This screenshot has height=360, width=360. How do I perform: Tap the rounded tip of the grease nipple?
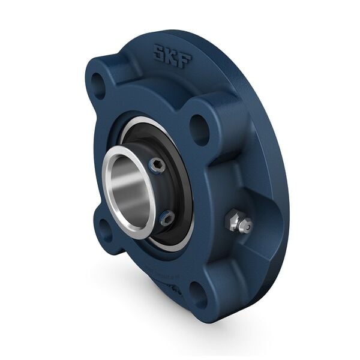(x=246, y=226)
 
